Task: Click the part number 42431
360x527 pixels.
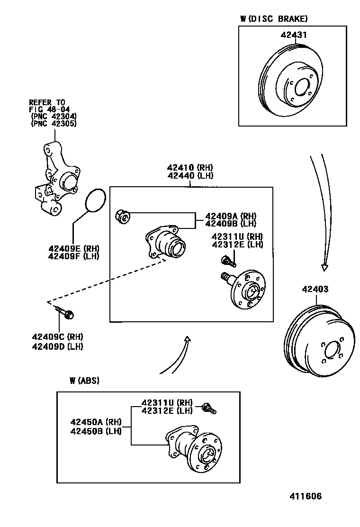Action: coord(294,35)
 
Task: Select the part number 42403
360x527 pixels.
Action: coord(315,289)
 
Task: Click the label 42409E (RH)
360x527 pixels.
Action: coord(73,248)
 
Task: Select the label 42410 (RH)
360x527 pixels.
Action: coord(190,167)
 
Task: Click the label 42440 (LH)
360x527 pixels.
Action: coord(190,175)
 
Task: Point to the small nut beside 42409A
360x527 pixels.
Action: coord(122,217)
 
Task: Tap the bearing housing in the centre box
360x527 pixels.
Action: coord(166,243)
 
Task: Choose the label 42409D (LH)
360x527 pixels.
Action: coord(57,346)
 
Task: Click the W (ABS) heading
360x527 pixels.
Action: coord(84,380)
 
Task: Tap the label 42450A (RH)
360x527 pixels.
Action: coord(96,422)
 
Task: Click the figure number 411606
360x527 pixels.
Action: coord(306,496)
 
